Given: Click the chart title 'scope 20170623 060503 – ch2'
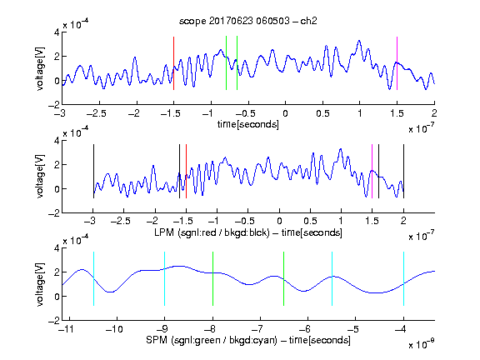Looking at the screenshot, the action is (x=248, y=21).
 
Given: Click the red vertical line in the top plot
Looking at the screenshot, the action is (x=173, y=63).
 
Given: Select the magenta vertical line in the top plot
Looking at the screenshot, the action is (x=397, y=63).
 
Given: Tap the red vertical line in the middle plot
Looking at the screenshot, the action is (x=186, y=172).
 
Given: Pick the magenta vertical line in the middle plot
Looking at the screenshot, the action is (x=372, y=172).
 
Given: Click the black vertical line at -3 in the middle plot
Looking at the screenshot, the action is (x=93, y=172).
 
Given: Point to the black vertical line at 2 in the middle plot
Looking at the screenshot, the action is (x=403, y=172).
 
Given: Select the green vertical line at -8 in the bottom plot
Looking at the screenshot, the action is (x=212, y=278).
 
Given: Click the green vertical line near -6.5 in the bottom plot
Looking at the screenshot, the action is (x=284, y=278).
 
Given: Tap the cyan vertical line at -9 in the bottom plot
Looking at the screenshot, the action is (x=164, y=278).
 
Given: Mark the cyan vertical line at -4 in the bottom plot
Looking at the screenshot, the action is (x=403, y=278).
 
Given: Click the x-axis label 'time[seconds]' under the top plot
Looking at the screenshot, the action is (x=248, y=124).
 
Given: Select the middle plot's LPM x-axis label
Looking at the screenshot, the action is (x=248, y=232).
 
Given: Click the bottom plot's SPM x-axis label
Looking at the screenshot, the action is (x=248, y=340).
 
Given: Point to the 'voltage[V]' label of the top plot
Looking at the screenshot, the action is (x=40, y=68).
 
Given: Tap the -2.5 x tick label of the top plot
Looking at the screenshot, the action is (x=97, y=113).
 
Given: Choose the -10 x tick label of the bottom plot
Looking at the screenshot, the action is (x=114, y=329).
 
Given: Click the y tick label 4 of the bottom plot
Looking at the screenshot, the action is (x=57, y=248).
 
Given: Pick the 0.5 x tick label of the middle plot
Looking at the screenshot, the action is (x=310, y=221).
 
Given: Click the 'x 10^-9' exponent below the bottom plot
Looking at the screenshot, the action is (x=422, y=344).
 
